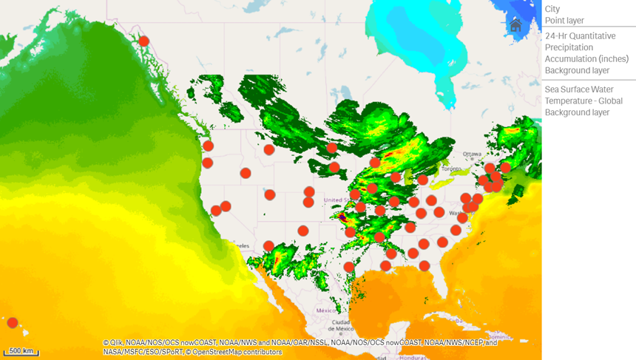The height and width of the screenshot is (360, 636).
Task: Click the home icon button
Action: tap(515, 25)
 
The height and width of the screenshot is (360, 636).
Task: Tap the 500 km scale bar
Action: tap(21, 351)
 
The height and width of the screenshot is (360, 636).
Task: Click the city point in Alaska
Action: tap(144, 41)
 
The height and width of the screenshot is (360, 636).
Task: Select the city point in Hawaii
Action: tap(13, 322)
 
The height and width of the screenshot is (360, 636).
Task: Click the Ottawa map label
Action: tap(472, 154)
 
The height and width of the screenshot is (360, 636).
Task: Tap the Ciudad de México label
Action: tap(341, 326)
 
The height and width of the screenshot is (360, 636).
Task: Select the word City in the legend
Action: tap(552, 9)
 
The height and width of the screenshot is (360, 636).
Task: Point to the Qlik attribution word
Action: tap(117, 343)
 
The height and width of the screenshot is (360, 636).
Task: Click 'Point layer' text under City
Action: tap(564, 21)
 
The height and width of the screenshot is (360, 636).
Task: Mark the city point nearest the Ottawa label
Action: tap(490, 169)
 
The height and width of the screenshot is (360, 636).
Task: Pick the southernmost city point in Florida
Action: tap(424, 266)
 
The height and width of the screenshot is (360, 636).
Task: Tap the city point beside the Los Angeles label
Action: tap(268, 246)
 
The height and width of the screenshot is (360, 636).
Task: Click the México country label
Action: tap(326, 310)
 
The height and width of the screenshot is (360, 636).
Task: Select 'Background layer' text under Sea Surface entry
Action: tap(577, 112)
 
